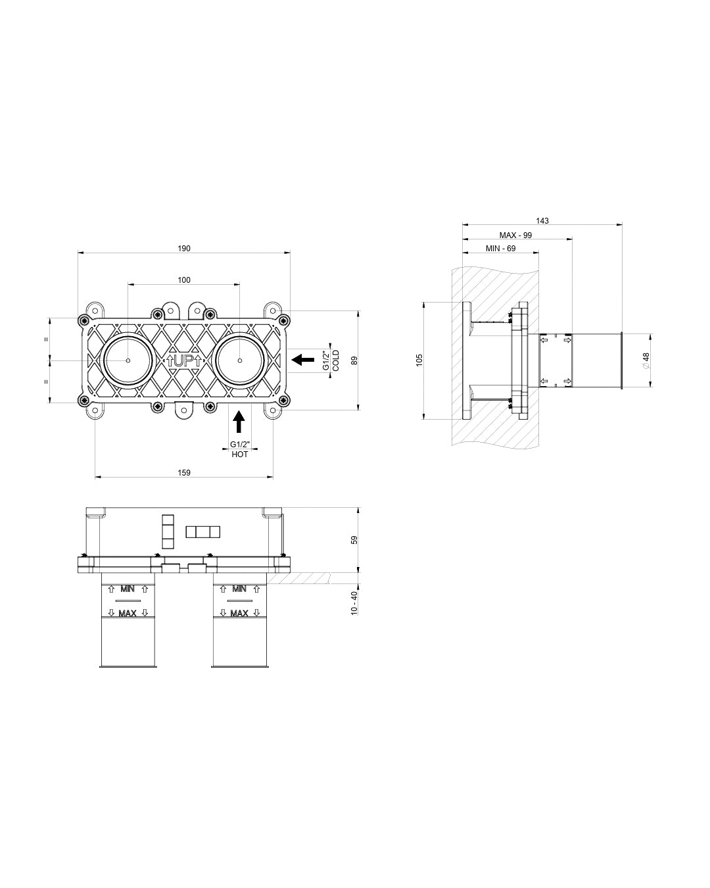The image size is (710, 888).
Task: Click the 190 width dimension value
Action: (x=184, y=249)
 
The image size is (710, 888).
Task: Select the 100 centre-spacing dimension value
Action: (x=184, y=280)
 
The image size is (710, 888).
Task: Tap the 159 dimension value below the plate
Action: (x=184, y=473)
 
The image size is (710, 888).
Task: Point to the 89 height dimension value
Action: (x=354, y=360)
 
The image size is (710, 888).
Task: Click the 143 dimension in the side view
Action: (x=542, y=221)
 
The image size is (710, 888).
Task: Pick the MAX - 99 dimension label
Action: (x=515, y=235)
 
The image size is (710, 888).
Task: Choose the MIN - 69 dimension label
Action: (x=500, y=249)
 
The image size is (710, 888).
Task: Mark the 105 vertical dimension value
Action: (x=419, y=360)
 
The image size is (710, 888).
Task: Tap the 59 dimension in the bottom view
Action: (x=354, y=540)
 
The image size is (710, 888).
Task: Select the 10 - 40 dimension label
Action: (x=354, y=603)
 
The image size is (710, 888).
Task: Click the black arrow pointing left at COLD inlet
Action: (x=302, y=360)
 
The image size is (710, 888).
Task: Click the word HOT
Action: (x=240, y=455)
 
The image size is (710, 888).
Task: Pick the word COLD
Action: (x=336, y=360)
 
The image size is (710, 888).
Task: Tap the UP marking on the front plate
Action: (x=184, y=360)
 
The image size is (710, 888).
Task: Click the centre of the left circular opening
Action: (x=128, y=360)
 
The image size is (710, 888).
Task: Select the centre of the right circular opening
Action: (x=240, y=360)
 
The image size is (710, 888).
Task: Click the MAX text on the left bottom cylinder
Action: (x=128, y=614)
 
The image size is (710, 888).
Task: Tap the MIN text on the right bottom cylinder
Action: (x=239, y=589)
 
